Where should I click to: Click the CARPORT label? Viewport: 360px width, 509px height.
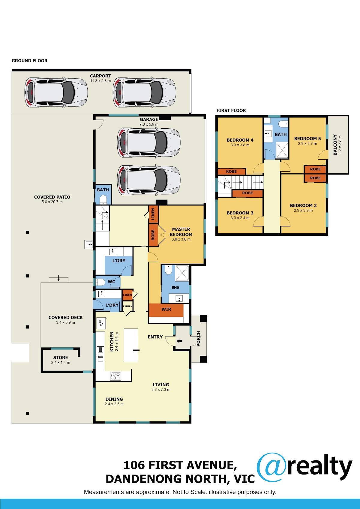coord(100,76)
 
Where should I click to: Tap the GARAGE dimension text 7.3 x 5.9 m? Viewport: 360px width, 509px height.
coord(149,124)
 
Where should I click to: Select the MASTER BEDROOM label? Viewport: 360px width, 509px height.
coord(181,232)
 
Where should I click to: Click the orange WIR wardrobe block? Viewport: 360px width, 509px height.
coord(166,310)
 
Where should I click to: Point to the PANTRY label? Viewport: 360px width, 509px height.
coord(127,306)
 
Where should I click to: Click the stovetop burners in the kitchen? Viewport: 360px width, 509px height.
coord(115,376)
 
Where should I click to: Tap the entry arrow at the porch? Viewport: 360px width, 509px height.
coord(179,341)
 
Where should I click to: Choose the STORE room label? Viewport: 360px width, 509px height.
coord(61,358)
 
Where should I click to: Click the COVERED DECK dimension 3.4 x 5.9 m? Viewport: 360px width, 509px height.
coord(65,322)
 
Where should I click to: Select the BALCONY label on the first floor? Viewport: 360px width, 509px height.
coord(335,145)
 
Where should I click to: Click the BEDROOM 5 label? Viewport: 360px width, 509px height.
coord(307,138)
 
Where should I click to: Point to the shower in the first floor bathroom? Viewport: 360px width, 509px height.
coord(282,150)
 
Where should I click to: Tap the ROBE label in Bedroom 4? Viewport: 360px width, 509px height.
coord(231,172)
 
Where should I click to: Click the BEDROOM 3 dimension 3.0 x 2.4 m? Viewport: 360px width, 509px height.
coord(240,218)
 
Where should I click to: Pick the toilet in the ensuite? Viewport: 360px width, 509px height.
coord(168,270)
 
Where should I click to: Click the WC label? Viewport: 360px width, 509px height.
coord(111,282)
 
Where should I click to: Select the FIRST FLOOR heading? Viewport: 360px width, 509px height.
coord(231,110)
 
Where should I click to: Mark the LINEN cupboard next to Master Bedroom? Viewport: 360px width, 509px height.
coord(153,214)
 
